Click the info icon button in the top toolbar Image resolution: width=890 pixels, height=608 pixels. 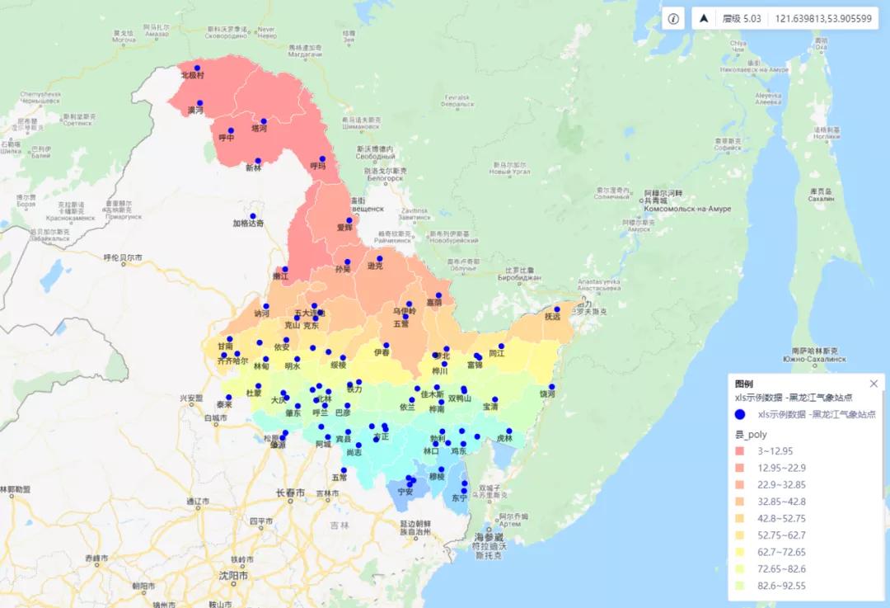click(673, 19)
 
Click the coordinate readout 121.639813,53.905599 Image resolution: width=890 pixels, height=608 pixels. click(822, 19)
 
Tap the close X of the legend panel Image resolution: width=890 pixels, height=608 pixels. click(874, 384)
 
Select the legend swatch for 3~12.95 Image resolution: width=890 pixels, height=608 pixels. click(739, 451)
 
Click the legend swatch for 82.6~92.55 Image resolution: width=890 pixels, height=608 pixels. click(739, 586)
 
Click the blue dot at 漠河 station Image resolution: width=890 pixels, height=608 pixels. click(199, 103)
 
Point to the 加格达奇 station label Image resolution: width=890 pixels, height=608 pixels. click(248, 223)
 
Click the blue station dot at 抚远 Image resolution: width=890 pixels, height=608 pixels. click(557, 309)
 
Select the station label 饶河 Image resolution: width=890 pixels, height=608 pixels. click(548, 394)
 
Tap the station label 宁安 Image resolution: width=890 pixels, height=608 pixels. click(405, 492)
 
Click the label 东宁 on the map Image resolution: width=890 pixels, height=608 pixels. click(459, 499)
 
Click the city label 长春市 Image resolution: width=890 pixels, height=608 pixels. click(290, 493)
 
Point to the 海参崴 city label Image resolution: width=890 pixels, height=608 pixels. click(488, 537)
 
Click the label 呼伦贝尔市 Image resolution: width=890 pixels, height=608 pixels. click(123, 258)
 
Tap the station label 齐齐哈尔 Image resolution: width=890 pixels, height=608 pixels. click(232, 361)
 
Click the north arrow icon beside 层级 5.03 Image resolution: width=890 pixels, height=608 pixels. click(705, 19)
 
